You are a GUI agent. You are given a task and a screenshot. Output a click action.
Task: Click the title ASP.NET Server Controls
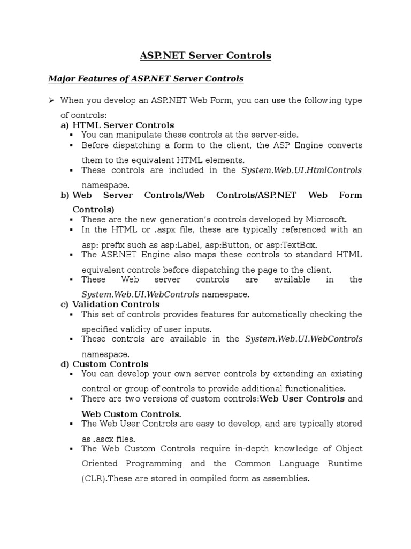click(x=205, y=55)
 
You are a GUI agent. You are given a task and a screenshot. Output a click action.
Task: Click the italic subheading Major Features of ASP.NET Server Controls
click(x=146, y=79)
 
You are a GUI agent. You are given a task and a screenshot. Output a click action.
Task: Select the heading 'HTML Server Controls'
click(x=123, y=125)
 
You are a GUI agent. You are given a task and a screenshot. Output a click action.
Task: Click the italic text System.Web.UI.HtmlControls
click(x=302, y=170)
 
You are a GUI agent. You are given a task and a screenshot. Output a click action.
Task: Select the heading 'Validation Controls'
click(x=116, y=305)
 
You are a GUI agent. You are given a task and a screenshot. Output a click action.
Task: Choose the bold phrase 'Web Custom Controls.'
click(x=131, y=414)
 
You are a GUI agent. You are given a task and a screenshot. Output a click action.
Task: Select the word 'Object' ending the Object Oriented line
click(x=349, y=448)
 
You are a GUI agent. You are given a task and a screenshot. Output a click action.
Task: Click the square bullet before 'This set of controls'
click(x=71, y=314)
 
